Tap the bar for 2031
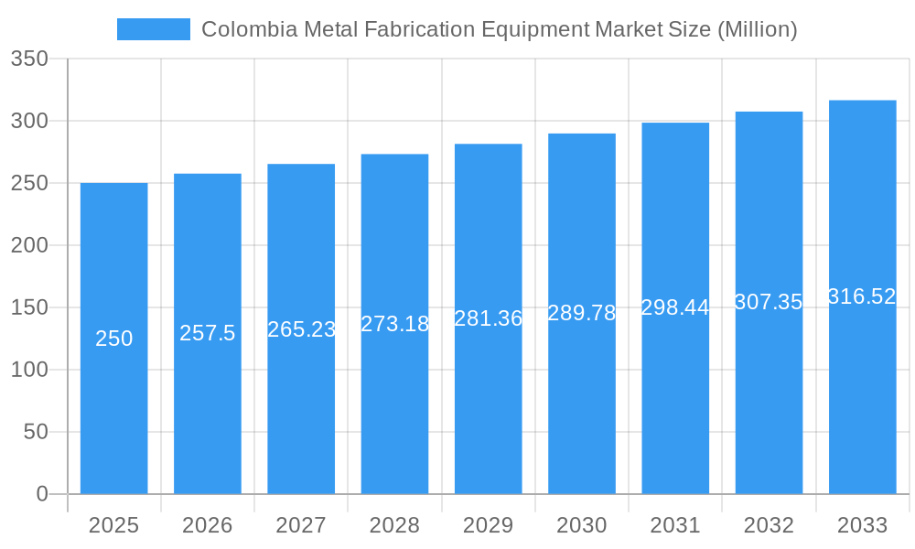click(675, 384)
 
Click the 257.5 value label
click(208, 333)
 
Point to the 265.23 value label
click(302, 329)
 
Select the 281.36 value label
click(489, 318)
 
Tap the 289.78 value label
click(582, 313)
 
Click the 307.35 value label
click(769, 302)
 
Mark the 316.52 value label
click(862, 296)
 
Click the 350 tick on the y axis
click(29, 59)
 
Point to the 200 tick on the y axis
click(29, 245)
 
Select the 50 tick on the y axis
click(36, 432)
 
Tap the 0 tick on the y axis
click(42, 494)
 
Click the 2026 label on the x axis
click(208, 525)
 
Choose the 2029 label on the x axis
click(489, 525)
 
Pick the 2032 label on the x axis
click(769, 525)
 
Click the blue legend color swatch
click(154, 29)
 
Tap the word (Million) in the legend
click(757, 29)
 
